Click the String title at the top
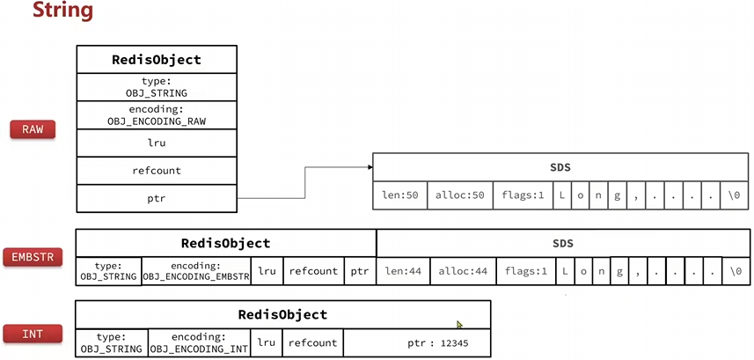click(x=62, y=11)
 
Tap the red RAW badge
click(x=33, y=129)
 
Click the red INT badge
click(x=33, y=334)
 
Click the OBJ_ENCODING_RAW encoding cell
click(x=157, y=115)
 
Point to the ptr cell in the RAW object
click(x=157, y=198)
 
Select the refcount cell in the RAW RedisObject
click(x=157, y=171)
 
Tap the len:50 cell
click(x=399, y=195)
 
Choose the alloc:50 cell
click(x=460, y=195)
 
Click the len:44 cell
click(x=403, y=271)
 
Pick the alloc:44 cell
click(x=463, y=271)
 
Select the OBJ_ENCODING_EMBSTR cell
click(x=196, y=271)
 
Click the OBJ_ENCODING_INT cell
click(x=198, y=342)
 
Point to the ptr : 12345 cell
click(x=415, y=342)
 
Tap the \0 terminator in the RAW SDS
click(x=734, y=195)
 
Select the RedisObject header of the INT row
click(x=282, y=314)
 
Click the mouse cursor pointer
click(x=459, y=325)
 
